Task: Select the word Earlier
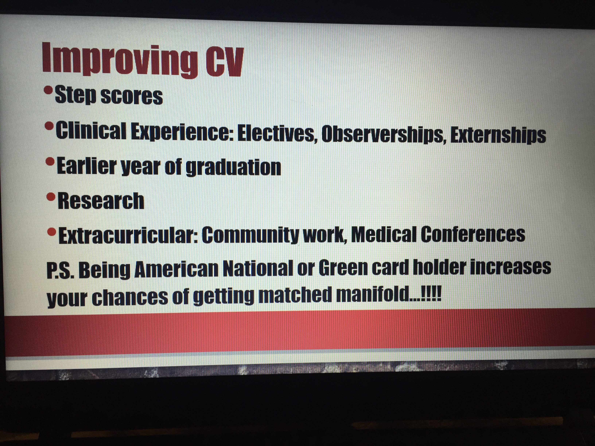coord(87,166)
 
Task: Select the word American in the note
coord(176,269)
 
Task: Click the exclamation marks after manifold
coord(431,294)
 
